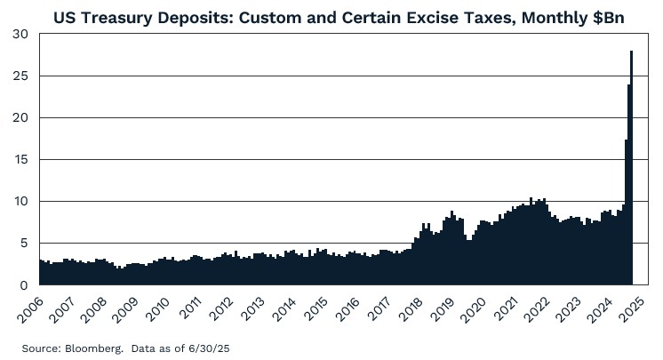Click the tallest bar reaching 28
[631, 169]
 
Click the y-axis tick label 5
[25, 243]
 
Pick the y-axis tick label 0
[25, 284]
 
